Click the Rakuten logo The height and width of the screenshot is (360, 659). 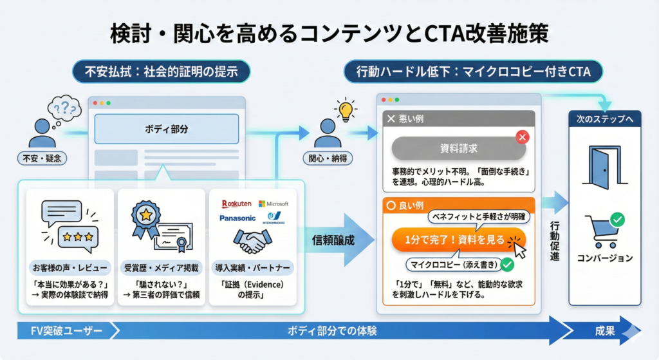click(235, 204)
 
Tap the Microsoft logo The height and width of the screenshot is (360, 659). click(274, 204)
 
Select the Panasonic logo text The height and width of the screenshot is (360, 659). click(237, 218)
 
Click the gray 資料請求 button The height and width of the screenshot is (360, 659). click(458, 148)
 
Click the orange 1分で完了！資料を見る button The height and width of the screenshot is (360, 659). click(458, 240)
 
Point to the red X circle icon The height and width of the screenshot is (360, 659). click(523, 137)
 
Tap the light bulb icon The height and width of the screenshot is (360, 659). click(346, 110)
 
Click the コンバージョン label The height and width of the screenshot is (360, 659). click(605, 258)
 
